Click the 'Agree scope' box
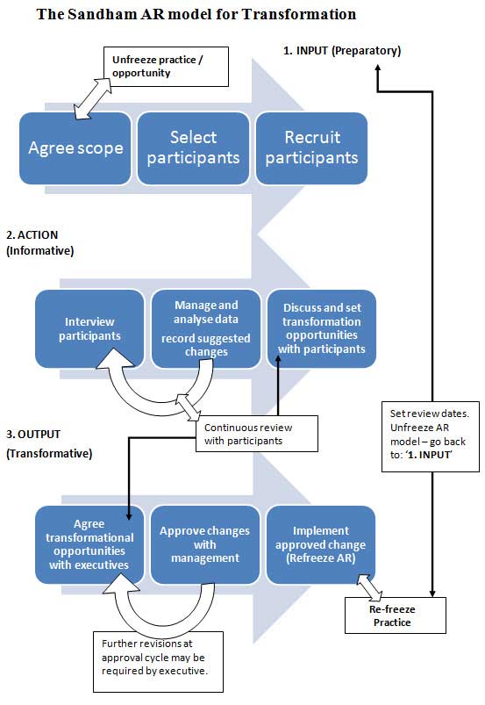coord(77,147)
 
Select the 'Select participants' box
coord(194,147)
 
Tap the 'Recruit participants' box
coord(311,147)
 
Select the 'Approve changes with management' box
coord(204,543)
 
